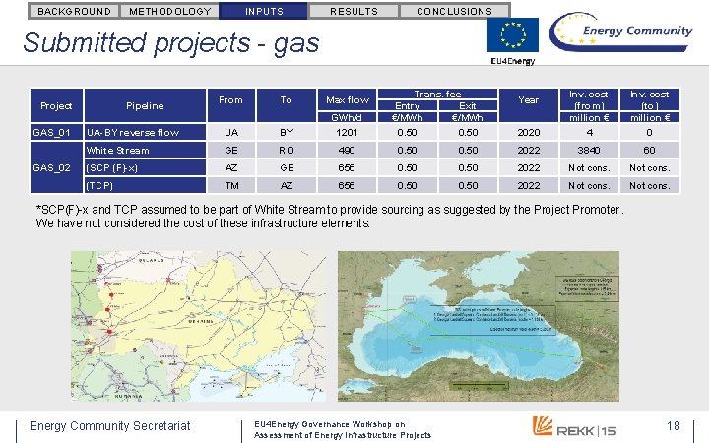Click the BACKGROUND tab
coord(74,11)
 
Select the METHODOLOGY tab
coord(170,11)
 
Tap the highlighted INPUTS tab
coord(263,11)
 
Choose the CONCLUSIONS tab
coord(454,11)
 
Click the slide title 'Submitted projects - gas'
coord(170,43)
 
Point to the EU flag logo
coord(513,36)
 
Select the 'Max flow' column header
coord(348,100)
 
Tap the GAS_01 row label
coord(49,132)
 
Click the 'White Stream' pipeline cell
coord(118,151)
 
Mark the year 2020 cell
coord(529,132)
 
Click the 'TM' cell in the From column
coord(230,185)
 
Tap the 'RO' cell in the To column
coord(286,151)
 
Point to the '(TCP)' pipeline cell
coord(99,185)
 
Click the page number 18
coord(674,424)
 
